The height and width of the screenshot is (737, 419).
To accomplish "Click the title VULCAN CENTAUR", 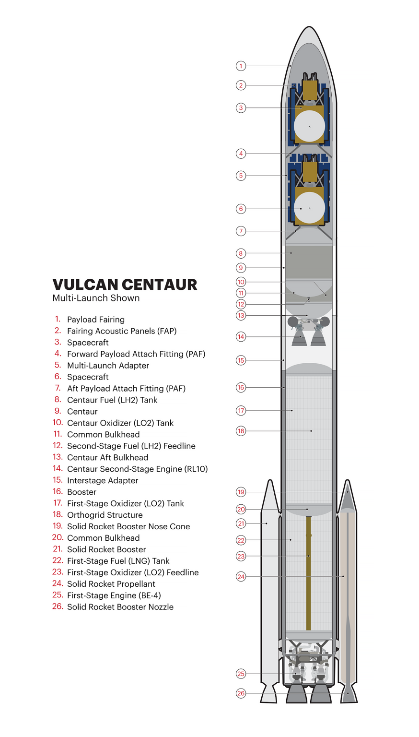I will tap(125, 285).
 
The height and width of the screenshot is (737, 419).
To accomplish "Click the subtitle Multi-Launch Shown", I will tap(96, 298).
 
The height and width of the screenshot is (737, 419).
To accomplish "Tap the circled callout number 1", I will tap(241, 66).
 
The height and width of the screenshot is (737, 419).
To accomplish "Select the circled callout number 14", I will tap(241, 337).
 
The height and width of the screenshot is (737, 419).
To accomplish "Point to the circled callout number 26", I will tap(241, 693).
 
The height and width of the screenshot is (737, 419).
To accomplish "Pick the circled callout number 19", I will tap(241, 492).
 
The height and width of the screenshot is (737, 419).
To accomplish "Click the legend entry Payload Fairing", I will tap(95, 320).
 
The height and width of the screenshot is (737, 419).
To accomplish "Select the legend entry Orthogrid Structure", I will tap(105, 515).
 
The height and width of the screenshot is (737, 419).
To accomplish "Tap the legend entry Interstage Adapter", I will tap(102, 480).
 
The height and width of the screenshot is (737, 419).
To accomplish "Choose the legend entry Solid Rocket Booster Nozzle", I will tap(120, 607).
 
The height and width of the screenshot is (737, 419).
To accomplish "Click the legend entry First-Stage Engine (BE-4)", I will tap(114, 595).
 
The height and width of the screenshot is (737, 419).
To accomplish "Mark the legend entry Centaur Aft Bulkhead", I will tap(107, 457).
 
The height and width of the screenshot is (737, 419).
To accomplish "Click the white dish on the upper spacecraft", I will tap(309, 126).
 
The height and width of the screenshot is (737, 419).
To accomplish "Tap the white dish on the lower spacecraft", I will tap(309, 208).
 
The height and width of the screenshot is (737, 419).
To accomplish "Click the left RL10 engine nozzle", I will tap(300, 338).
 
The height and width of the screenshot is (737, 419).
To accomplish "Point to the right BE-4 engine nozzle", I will tap(321, 693).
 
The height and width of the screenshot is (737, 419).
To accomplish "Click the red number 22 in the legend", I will tap(58, 560).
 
